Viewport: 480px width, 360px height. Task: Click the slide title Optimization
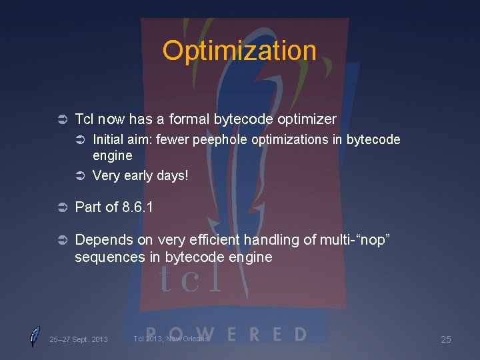click(239, 51)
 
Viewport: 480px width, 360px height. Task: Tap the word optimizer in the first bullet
click(303, 119)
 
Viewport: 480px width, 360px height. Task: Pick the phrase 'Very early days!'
click(140, 176)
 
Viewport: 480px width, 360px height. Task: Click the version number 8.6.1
click(138, 207)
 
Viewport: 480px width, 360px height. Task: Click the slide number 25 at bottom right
click(445, 339)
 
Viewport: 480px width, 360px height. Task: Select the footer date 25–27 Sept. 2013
click(78, 339)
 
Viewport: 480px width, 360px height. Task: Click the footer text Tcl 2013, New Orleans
click(171, 339)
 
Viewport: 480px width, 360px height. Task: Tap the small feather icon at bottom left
click(35, 337)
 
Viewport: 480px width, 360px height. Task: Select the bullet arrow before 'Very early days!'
click(79, 176)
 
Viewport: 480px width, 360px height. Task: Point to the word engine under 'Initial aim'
click(112, 156)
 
